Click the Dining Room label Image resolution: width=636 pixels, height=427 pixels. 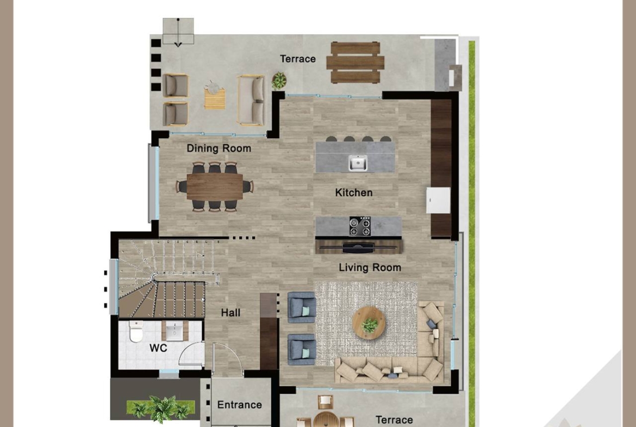click(219, 148)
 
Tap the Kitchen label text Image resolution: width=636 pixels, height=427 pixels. click(354, 193)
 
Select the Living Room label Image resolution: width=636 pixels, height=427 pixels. click(370, 268)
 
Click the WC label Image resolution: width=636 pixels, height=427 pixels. click(158, 348)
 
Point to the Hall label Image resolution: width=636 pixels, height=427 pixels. click(230, 313)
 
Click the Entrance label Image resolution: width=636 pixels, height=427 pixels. click(239, 405)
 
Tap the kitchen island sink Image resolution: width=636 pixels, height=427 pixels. click(358, 163)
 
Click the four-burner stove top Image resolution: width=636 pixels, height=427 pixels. click(360, 226)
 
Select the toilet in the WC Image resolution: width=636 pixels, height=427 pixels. click(136, 331)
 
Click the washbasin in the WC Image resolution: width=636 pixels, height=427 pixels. click(175, 331)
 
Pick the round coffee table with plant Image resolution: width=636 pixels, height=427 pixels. click(369, 323)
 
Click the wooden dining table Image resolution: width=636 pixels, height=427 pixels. click(215, 187)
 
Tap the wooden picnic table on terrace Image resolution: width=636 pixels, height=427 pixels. click(356, 63)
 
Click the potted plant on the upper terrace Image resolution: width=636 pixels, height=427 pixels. click(279, 81)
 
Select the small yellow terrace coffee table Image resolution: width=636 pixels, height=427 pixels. click(215, 99)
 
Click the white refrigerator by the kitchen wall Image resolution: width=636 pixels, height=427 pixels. click(438, 200)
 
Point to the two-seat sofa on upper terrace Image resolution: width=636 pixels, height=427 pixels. click(252, 100)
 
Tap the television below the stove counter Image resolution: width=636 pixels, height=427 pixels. click(358, 247)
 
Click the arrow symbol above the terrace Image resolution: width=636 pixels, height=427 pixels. click(178, 33)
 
